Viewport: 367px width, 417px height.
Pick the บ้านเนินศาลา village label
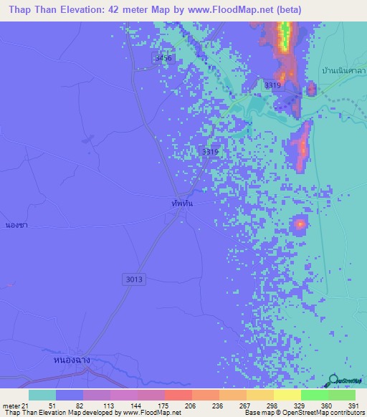tap(344, 72)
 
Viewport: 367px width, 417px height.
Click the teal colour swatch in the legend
tap(42, 395)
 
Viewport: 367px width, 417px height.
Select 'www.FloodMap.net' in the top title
tap(223, 10)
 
